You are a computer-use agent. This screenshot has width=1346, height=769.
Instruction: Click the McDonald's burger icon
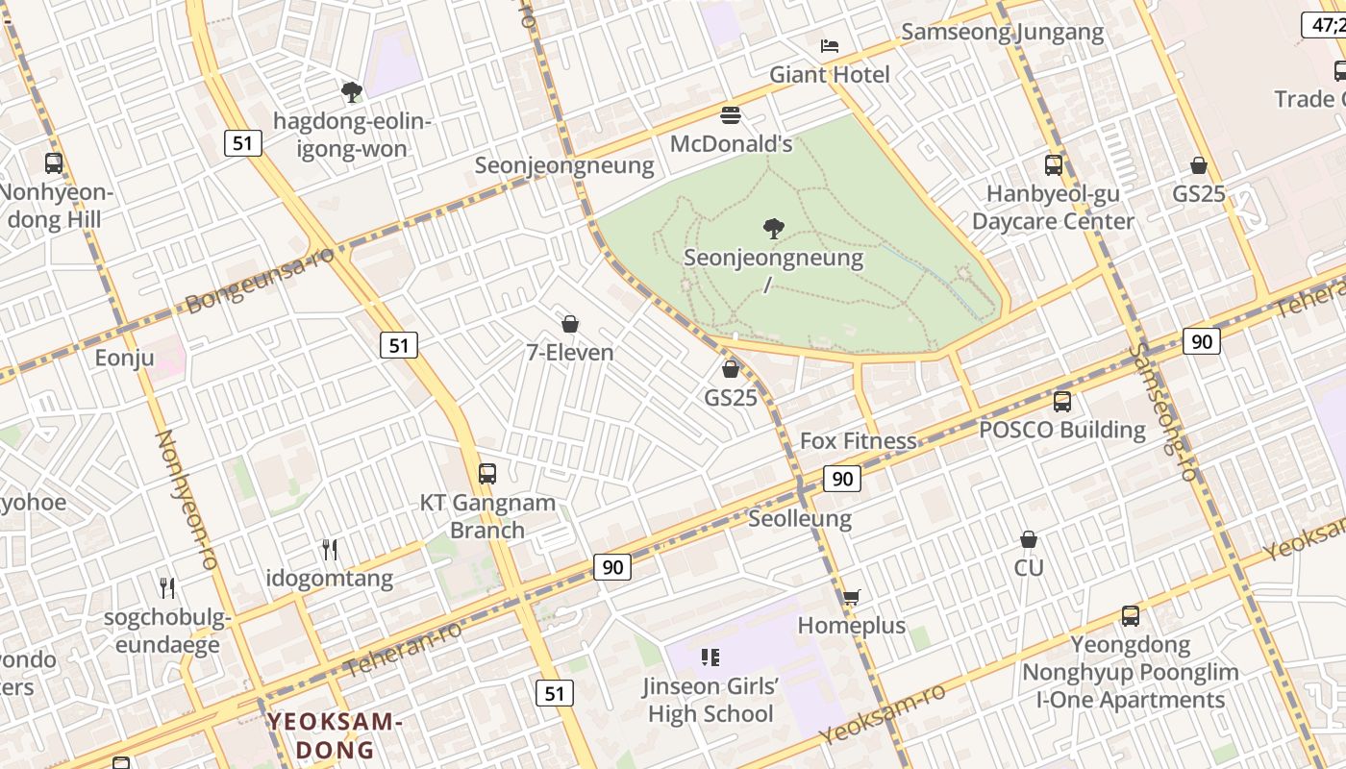pyautogui.click(x=731, y=115)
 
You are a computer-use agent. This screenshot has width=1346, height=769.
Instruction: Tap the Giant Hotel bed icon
pyautogui.click(x=830, y=46)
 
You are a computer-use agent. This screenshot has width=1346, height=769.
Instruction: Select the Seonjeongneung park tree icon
pyautogui.click(x=773, y=228)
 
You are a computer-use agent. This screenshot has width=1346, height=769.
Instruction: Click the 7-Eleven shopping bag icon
pyautogui.click(x=570, y=324)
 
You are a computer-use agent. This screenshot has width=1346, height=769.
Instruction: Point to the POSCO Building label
pyautogui.click(x=1061, y=430)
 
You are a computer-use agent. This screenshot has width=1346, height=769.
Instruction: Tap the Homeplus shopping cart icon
pyautogui.click(x=850, y=598)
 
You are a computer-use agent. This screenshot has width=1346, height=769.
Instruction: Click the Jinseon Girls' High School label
pyautogui.click(x=710, y=700)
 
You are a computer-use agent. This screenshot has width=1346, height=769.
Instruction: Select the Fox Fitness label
pyautogui.click(x=859, y=441)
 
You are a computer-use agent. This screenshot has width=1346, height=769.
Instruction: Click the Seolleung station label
pyautogui.click(x=800, y=519)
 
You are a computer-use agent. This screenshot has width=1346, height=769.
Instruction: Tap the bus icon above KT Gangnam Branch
pyautogui.click(x=487, y=473)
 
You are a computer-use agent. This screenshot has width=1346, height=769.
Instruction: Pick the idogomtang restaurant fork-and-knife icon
pyautogui.click(x=330, y=550)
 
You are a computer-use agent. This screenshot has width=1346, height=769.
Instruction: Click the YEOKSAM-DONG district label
pyautogui.click(x=334, y=735)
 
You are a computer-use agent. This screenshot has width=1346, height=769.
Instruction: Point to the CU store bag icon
pyautogui.click(x=1029, y=539)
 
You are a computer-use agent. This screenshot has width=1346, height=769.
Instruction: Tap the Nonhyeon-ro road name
pyautogui.click(x=187, y=500)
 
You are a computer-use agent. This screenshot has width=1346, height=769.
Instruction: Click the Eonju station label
pyautogui.click(x=124, y=359)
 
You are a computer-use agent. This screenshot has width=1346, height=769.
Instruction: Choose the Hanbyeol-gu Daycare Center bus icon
pyautogui.click(x=1054, y=164)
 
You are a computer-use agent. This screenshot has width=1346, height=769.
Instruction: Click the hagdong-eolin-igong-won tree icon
pyautogui.click(x=352, y=92)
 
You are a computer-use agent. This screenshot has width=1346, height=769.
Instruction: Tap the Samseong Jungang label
pyautogui.click(x=1003, y=32)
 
